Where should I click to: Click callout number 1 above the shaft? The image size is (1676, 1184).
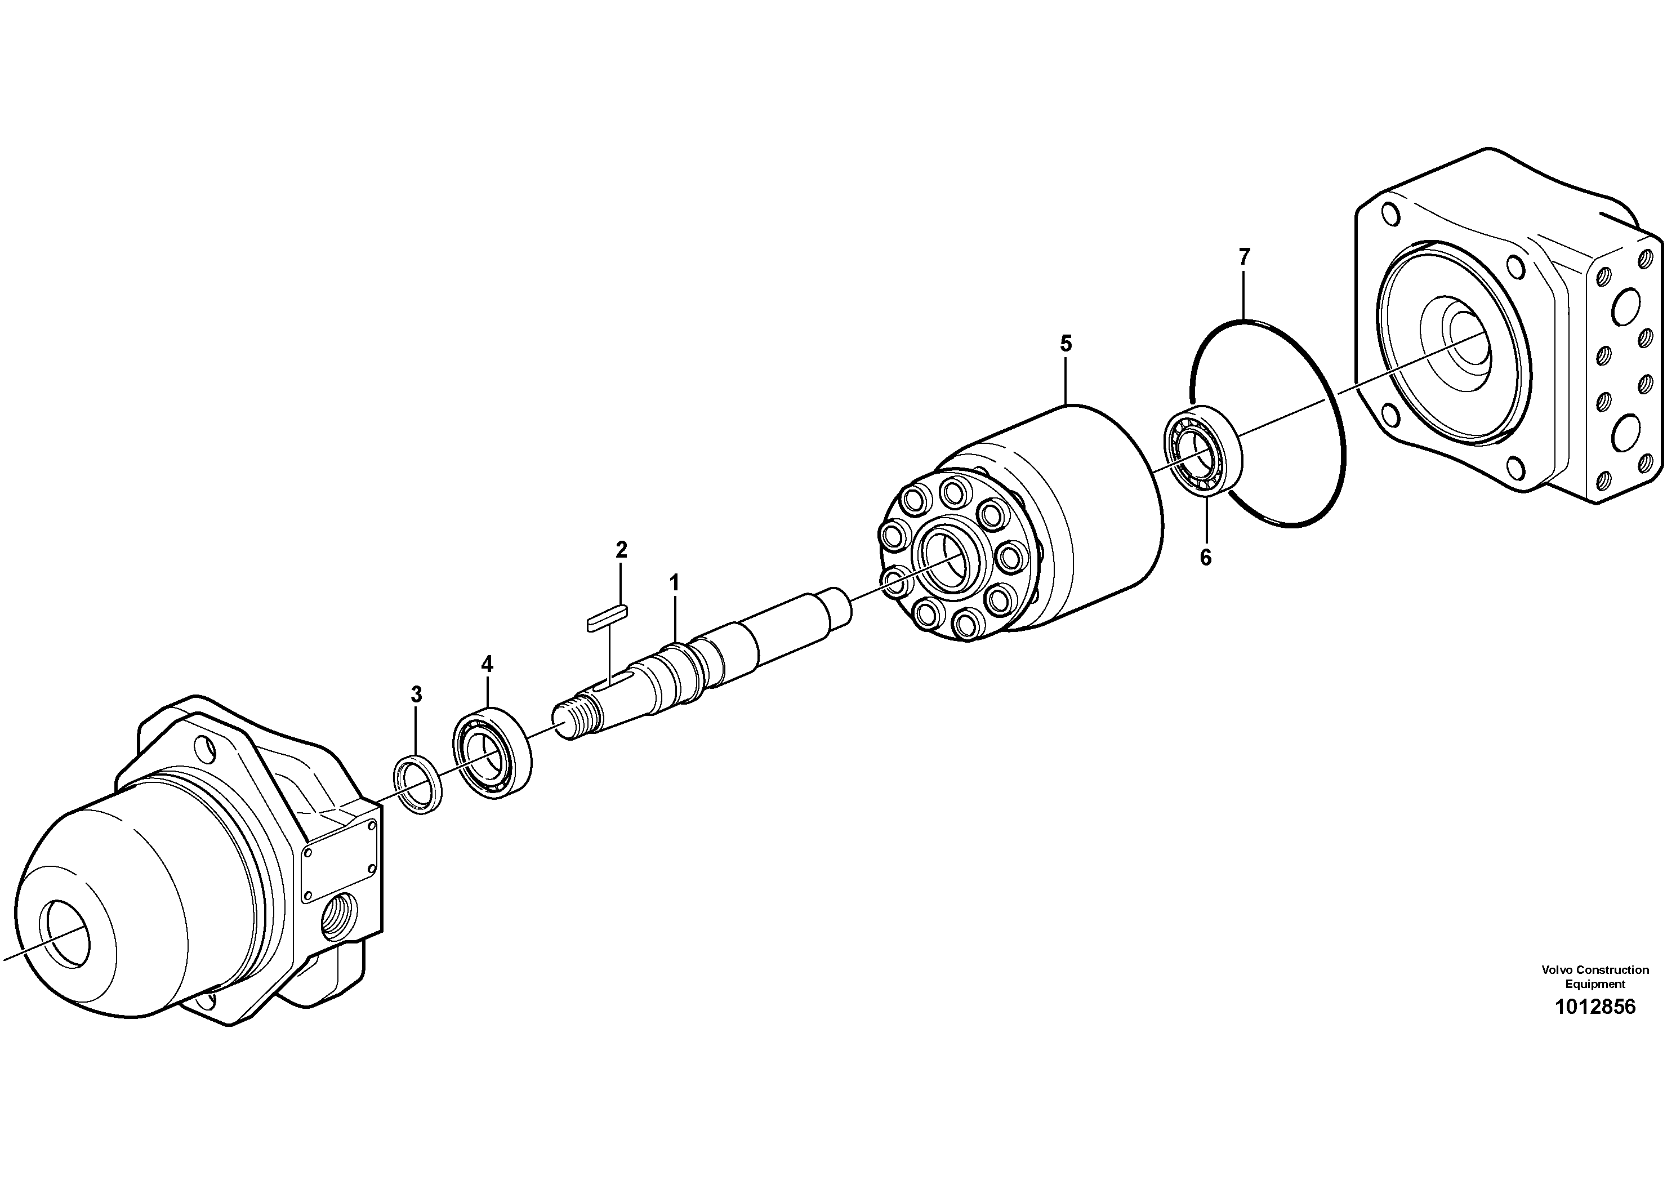(x=675, y=582)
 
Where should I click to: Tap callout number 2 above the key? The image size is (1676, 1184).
(x=621, y=550)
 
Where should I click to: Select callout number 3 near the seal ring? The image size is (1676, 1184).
(x=416, y=694)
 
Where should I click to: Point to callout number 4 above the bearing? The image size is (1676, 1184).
(x=487, y=664)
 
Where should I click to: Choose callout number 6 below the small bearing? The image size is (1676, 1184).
(x=1205, y=558)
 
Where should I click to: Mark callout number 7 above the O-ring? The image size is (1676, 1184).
(x=1244, y=257)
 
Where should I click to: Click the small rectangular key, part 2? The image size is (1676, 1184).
(x=607, y=617)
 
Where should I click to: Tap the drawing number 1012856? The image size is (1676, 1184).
(x=1594, y=1007)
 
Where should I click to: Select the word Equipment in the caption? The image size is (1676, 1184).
(x=1595, y=984)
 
